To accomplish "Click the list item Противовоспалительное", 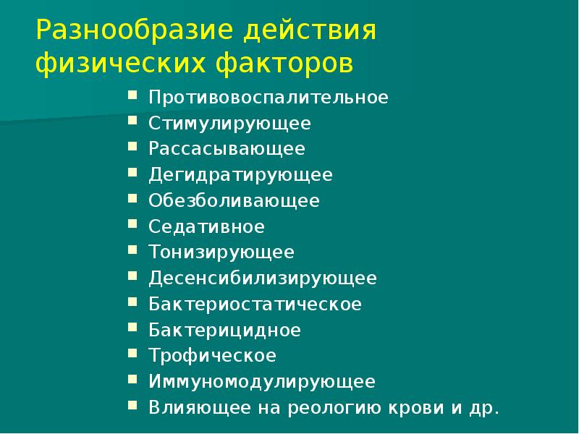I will (269, 98).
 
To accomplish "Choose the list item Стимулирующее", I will (229, 124).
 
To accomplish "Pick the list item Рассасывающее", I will (227, 149).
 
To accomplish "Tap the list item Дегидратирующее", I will (240, 175).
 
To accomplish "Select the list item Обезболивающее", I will (234, 200).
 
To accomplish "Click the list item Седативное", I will (206, 226).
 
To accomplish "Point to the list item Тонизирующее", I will (221, 252).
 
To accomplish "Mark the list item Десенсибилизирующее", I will (263, 278).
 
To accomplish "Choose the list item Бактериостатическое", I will (255, 304).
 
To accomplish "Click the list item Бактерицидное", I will (224, 330).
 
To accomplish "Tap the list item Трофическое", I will (212, 355).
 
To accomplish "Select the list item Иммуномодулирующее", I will (262, 381).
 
